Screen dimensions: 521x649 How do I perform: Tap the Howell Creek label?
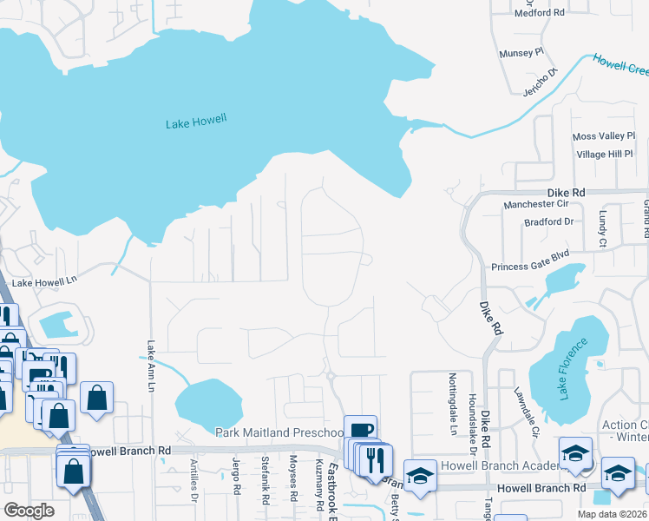pyautogui.click(x=620, y=64)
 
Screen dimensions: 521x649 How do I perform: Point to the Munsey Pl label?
pyautogui.click(x=521, y=52)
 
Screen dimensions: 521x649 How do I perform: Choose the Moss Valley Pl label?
pyautogui.click(x=604, y=136)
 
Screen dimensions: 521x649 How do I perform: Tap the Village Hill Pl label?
pyautogui.click(x=606, y=154)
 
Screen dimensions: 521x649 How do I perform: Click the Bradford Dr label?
pyautogui.click(x=549, y=221)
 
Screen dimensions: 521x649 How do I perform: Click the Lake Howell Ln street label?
pyautogui.click(x=44, y=282)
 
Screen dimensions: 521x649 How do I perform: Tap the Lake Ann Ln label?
pyautogui.click(x=149, y=366)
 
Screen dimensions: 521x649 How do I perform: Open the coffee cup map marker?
pyautogui.click(x=361, y=430)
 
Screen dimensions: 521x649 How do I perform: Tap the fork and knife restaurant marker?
pyautogui.click(x=375, y=458)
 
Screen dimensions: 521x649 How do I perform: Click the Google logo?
pyautogui.click(x=29, y=511)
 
